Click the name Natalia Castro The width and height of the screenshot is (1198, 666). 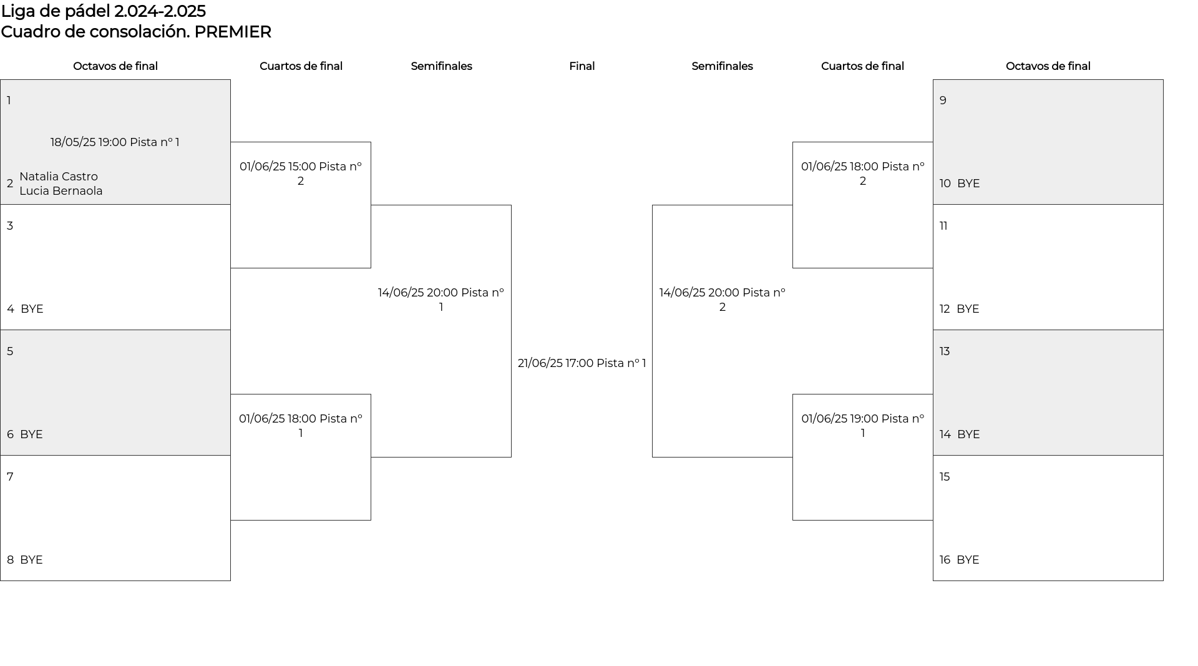[59, 177]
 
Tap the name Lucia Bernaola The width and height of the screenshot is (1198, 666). [61, 191]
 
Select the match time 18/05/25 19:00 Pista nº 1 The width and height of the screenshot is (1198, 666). [115, 142]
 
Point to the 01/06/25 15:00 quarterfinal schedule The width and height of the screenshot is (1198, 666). [301, 174]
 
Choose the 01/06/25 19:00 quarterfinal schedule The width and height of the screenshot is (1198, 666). [863, 426]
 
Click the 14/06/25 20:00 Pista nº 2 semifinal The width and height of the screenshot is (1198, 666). [723, 300]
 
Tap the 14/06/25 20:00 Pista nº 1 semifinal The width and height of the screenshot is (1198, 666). [441, 300]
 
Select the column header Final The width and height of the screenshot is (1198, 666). [582, 66]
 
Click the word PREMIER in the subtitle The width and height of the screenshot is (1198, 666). [233, 32]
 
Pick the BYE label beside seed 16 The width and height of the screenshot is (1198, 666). [968, 560]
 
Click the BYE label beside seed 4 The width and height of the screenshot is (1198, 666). [32, 309]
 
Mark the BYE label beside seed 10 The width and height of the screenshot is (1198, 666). [968, 184]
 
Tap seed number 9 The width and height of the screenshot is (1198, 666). [943, 100]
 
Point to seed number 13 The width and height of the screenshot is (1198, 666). [945, 351]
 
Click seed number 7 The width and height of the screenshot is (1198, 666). [10, 477]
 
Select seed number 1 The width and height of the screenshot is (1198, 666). [9, 100]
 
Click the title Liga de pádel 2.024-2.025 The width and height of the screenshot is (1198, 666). [103, 11]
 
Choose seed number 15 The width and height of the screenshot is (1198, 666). [945, 477]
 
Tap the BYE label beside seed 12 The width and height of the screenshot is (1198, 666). [968, 309]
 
